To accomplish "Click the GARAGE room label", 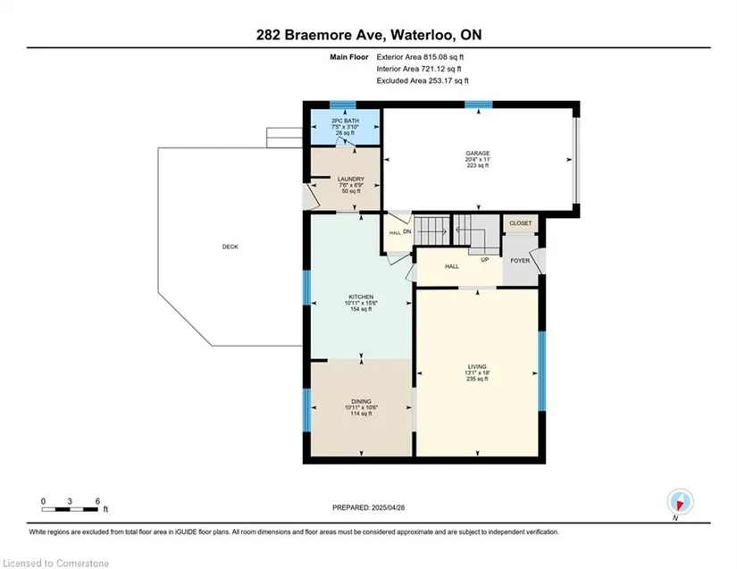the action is coord(478,153).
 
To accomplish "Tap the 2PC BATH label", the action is coord(345,121).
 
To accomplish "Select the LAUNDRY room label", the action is coord(351,179).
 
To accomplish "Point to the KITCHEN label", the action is coord(361,297).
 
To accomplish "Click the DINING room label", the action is coord(361,401).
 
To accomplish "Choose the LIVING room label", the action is coord(477,366).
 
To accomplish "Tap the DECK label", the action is coord(230,247).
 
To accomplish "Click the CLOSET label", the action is coord(520,223).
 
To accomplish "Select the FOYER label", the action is coord(520,261).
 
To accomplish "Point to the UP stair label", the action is coord(484,259).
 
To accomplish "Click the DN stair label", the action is coord(407,231).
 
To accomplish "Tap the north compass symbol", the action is coord(680,502).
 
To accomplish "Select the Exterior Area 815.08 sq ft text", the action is coord(420,57).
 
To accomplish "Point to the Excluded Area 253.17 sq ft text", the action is coord(423,80).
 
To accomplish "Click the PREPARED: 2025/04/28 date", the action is coord(368,507).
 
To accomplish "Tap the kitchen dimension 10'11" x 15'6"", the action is coord(361,303).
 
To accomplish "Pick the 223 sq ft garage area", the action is coord(478,165).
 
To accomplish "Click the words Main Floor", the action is coord(348,57).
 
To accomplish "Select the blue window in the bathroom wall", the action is coord(343,105).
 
